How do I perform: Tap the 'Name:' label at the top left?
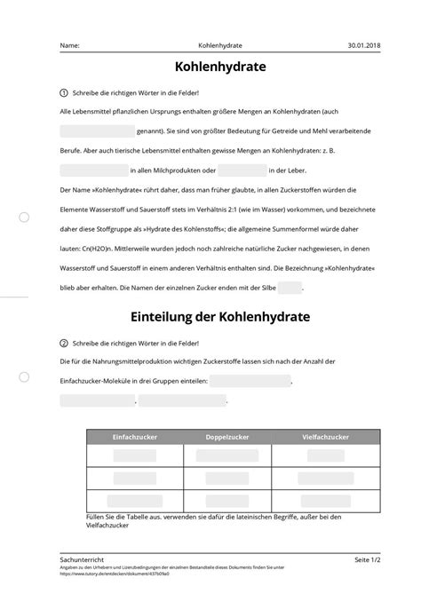[69, 44]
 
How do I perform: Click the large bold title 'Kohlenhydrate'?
[210, 68]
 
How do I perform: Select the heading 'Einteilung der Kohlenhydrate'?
[210, 316]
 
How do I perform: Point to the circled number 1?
[64, 93]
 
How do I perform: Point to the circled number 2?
[64, 343]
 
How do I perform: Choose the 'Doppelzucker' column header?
[227, 438]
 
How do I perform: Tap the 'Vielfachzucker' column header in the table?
[325, 438]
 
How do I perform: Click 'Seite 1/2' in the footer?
[368, 560]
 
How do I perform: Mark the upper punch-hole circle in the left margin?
[24, 217]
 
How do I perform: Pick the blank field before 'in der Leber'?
[242, 170]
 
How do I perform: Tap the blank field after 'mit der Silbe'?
[290, 287]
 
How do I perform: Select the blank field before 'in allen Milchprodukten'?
[93, 170]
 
